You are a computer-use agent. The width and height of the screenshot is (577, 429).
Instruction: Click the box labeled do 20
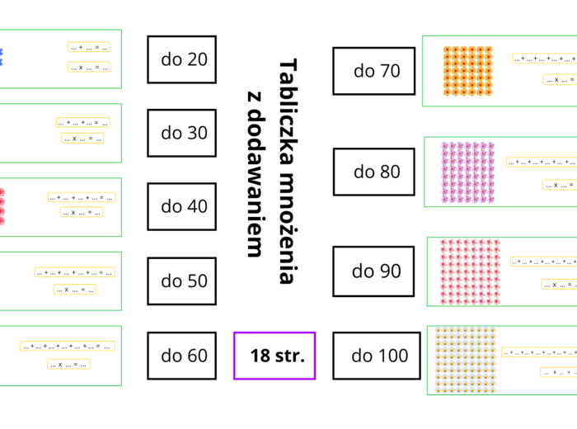point(181,59)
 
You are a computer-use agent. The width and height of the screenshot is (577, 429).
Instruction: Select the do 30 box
point(181,133)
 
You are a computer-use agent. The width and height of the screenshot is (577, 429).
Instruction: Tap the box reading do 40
point(181,206)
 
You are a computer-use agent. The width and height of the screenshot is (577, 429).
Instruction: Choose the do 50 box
point(181,281)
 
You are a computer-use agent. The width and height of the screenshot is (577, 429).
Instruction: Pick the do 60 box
point(181,356)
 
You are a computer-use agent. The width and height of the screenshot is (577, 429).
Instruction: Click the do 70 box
point(373,71)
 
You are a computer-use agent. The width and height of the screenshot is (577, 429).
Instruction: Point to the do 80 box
point(373,172)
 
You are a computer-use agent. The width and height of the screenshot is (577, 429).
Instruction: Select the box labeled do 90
point(373,271)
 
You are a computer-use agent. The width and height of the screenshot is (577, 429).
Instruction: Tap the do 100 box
point(373,356)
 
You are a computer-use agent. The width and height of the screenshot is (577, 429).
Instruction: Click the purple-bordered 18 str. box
point(274,356)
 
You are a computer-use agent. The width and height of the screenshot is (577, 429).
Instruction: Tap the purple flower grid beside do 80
point(467,172)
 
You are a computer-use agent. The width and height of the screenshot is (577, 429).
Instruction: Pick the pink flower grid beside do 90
point(470,271)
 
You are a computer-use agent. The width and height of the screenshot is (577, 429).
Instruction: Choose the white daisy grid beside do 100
point(464,358)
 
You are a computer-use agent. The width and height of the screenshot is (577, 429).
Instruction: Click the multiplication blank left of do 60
point(68,364)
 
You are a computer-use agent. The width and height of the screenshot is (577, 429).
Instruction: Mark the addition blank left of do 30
point(82,122)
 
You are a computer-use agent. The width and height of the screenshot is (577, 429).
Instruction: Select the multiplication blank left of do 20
point(89,67)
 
